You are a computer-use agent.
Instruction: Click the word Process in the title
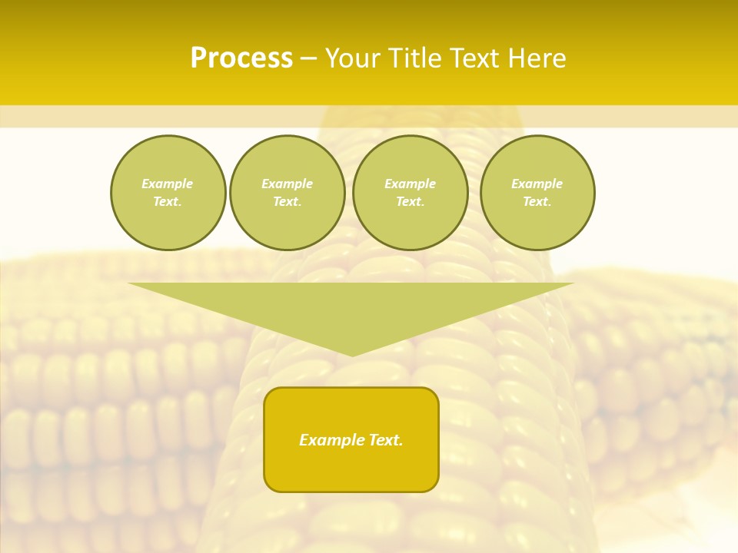click(x=241, y=58)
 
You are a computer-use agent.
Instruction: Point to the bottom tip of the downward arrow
click(x=352, y=354)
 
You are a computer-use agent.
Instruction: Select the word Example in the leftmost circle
click(x=168, y=184)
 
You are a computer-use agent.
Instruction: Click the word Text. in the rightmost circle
click(x=537, y=201)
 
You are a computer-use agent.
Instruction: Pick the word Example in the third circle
click(x=411, y=184)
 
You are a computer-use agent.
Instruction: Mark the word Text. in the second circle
click(x=288, y=201)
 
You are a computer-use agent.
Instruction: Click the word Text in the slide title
click(x=471, y=58)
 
